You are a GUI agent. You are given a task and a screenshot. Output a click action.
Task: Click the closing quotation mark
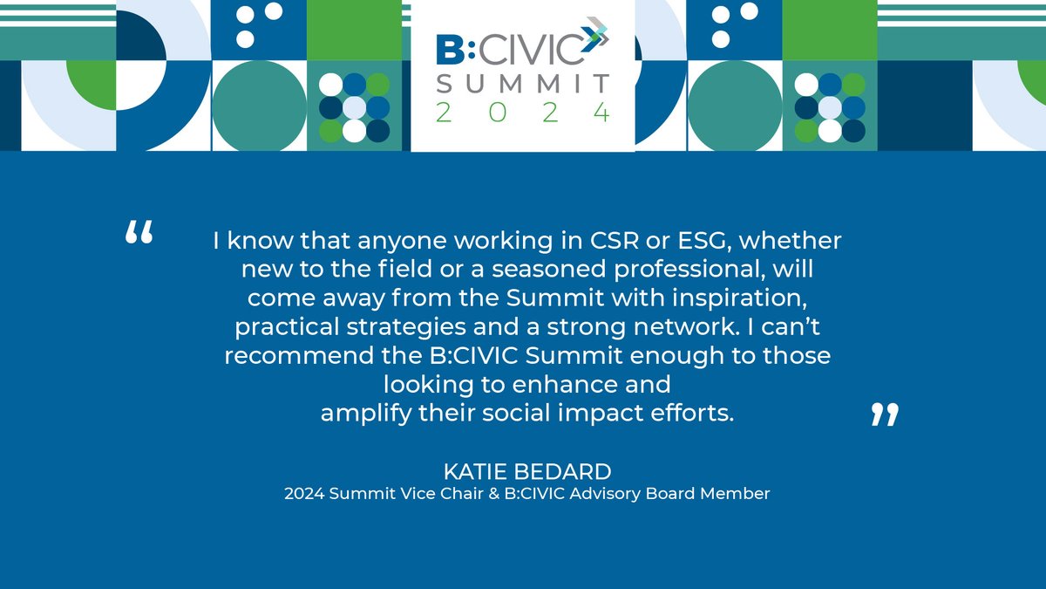coord(884,414)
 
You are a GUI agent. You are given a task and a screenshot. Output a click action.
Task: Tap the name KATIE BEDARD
coord(527,472)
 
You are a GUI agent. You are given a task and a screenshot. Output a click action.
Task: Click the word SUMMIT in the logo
coord(523,84)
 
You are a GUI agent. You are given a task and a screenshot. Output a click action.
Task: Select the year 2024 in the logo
coord(523,113)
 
